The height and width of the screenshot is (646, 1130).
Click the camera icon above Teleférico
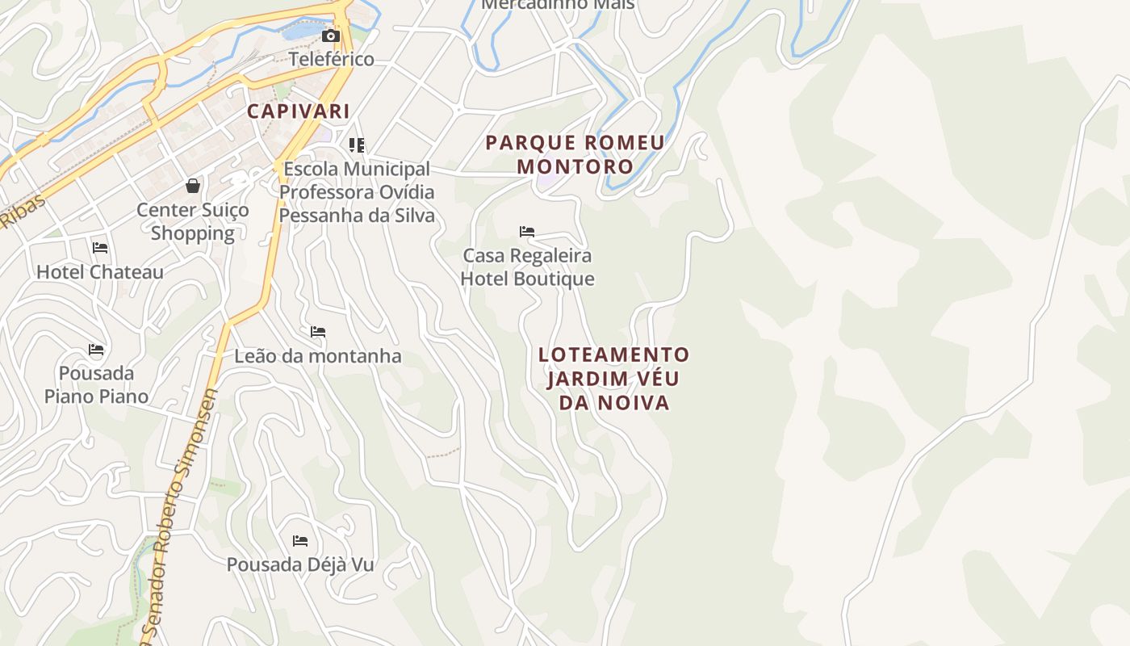tap(330, 36)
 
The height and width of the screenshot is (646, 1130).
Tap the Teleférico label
tap(332, 59)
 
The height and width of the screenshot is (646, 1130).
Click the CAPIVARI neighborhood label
tap(299, 111)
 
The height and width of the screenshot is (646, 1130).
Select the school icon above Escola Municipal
tap(357, 145)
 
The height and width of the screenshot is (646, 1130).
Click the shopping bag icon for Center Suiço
tap(193, 187)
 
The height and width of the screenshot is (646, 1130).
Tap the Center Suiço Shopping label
tap(193, 221)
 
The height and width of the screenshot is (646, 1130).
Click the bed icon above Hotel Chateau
tap(100, 247)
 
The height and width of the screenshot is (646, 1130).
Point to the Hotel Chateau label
tap(100, 272)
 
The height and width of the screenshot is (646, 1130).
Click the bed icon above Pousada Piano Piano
tap(97, 350)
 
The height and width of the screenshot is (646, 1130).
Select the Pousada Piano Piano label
tap(97, 385)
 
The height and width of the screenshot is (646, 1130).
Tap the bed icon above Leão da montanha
tap(318, 332)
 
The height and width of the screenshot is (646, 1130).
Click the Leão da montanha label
tap(318, 356)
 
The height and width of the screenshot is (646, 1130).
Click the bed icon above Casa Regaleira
tap(527, 232)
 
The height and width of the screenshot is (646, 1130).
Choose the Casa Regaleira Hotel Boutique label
tap(528, 267)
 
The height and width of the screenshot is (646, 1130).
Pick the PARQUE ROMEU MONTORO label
tap(575, 154)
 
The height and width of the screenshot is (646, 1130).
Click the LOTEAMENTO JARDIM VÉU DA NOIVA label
tap(614, 378)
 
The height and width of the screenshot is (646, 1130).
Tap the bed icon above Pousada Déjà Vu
tap(300, 540)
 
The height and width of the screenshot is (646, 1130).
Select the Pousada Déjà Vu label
tap(300, 564)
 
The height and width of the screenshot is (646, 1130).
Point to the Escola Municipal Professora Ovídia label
tap(357, 192)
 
